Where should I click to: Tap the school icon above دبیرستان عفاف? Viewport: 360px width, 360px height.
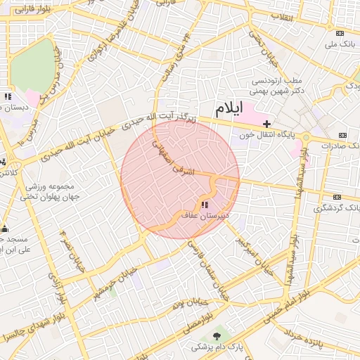(x=205, y=205)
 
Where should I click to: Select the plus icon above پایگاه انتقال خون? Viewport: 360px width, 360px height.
(x=266, y=124)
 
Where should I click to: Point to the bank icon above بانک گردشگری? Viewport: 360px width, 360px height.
(x=337, y=198)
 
